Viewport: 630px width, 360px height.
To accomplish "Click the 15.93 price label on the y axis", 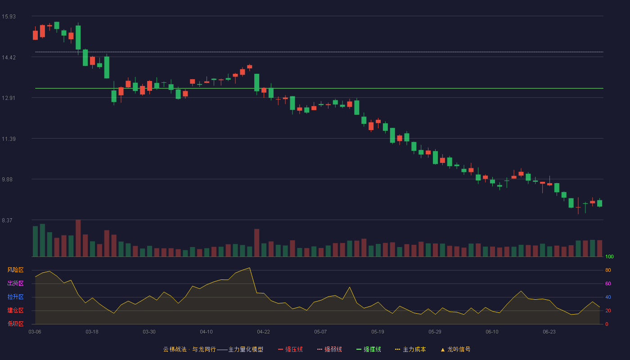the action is pyautogui.click(x=9, y=17).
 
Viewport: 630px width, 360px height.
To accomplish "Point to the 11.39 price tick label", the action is pyautogui.click(x=9, y=139).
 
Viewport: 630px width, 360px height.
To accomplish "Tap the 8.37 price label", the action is pyautogui.click(x=7, y=220).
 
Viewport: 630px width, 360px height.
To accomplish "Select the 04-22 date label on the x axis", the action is pyautogui.click(x=263, y=332).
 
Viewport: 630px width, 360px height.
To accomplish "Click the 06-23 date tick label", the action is pyautogui.click(x=549, y=332).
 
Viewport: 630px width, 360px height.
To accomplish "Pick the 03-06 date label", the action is pyautogui.click(x=35, y=332).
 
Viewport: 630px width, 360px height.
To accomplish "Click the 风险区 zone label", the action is pyautogui.click(x=15, y=270).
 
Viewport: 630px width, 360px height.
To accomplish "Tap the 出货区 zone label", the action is pyautogui.click(x=15, y=283).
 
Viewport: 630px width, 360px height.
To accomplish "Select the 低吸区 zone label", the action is pyautogui.click(x=15, y=324).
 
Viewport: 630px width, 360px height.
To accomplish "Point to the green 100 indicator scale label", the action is pyautogui.click(x=609, y=256).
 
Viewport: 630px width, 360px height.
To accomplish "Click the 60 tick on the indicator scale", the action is pyautogui.click(x=608, y=283).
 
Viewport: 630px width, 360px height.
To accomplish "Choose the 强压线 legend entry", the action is pyautogui.click(x=290, y=349).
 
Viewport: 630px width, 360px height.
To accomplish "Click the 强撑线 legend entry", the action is pyautogui.click(x=369, y=349).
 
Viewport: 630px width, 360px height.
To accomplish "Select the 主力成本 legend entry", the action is pyautogui.click(x=410, y=349).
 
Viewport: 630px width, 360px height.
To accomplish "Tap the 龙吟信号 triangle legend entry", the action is pyautogui.click(x=455, y=349).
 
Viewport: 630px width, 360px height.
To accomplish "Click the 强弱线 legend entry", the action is pyautogui.click(x=329, y=349).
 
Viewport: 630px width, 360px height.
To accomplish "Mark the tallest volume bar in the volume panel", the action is pyautogui.click(x=78, y=238).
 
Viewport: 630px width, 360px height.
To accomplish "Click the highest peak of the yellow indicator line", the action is pyautogui.click(x=249, y=268).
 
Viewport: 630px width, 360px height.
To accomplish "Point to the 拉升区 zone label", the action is pyautogui.click(x=15, y=297).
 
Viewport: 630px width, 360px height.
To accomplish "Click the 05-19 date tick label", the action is pyautogui.click(x=378, y=332).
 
